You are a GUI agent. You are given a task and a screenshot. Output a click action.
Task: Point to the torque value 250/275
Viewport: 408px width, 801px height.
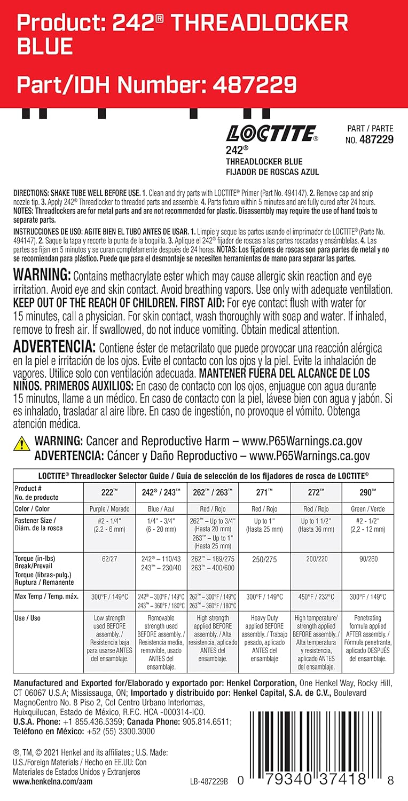pos(264,558)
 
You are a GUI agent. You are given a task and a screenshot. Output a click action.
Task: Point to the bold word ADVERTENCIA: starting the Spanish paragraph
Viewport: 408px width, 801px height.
pos(54,347)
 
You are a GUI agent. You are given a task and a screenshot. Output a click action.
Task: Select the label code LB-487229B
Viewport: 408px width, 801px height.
pos(209,781)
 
